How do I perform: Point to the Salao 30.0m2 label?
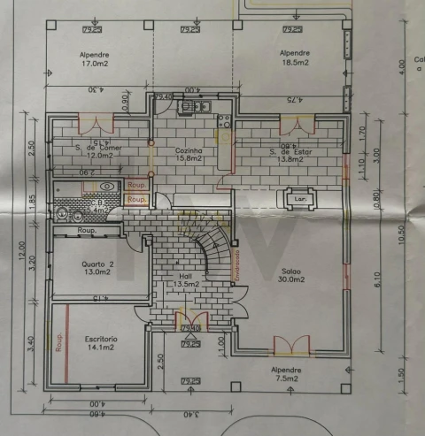pyautogui.click(x=292, y=275)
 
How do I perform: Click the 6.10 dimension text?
pyautogui.click(x=376, y=281)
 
